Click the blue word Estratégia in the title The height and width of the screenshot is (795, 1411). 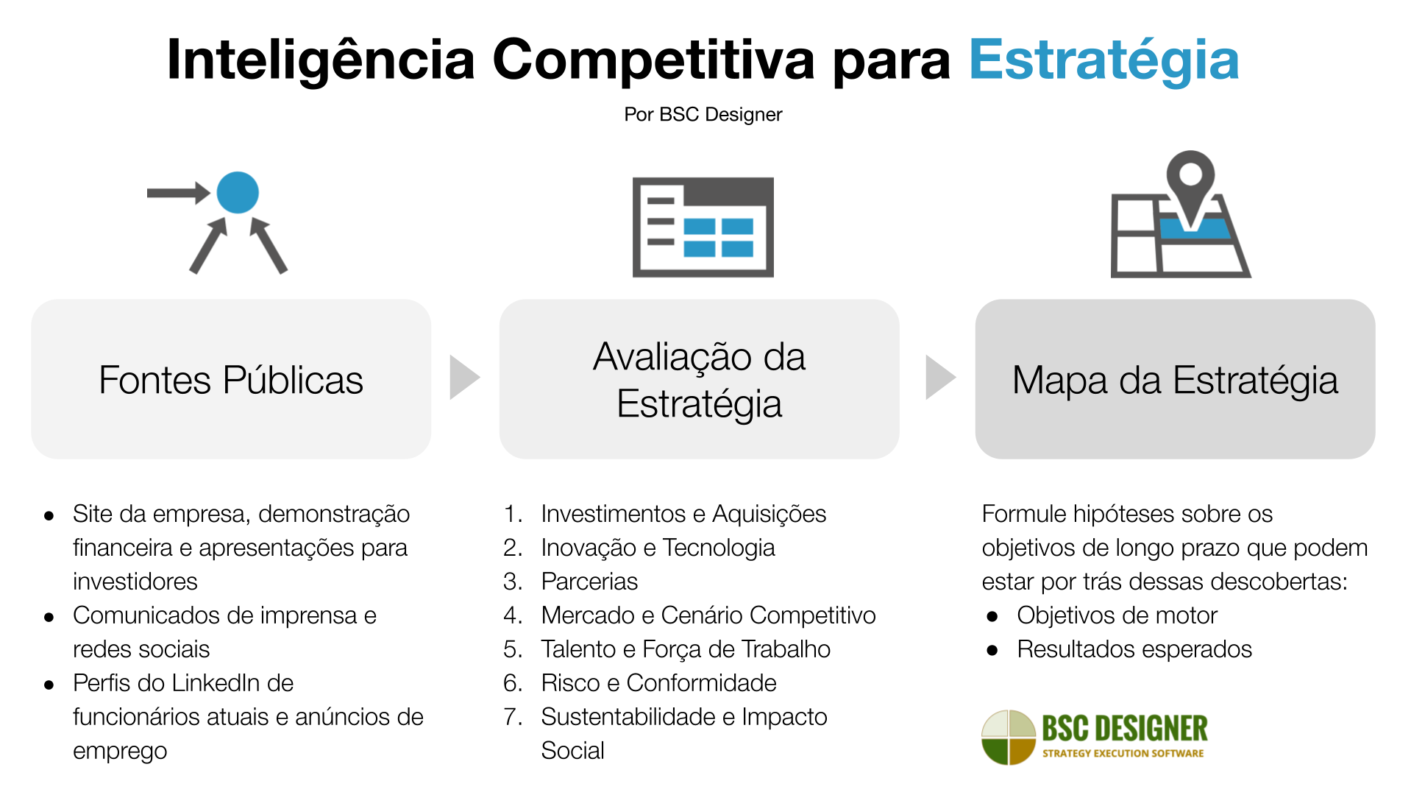coord(1103,60)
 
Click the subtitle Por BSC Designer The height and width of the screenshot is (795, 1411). coord(703,115)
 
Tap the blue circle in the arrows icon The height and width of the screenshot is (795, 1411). coord(238,193)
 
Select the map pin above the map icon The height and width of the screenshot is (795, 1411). coord(1190,180)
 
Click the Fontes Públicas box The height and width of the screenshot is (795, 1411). coord(231,379)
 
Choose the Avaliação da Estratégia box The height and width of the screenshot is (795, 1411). coord(699,379)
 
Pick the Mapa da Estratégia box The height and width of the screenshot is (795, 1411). coord(1175,379)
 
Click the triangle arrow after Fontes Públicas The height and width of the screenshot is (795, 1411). coord(463,378)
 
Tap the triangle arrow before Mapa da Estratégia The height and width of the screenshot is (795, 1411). coord(939,378)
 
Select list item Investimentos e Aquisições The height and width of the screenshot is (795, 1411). coord(683,514)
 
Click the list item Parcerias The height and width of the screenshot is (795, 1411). coord(589,582)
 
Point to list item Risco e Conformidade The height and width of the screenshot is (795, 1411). coord(658,683)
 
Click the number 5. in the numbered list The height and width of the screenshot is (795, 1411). coord(513,649)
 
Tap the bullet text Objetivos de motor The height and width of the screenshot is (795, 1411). coord(1117,615)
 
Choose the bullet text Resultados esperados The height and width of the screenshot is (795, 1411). coord(1134,649)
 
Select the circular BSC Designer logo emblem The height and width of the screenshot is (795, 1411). coord(1009,737)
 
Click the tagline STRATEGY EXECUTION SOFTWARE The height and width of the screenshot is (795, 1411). coord(1123,754)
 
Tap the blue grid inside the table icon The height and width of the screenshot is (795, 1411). coord(718,237)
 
